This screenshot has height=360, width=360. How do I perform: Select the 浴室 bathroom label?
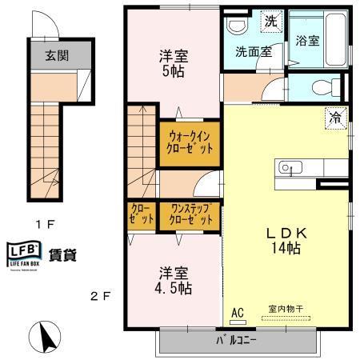point(308,41)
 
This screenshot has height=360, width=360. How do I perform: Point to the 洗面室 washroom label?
point(253,53)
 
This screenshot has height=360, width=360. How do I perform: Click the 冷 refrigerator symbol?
point(334,117)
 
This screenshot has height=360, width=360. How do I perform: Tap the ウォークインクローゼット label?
point(190,143)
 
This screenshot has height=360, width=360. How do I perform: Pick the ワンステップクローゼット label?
point(190,215)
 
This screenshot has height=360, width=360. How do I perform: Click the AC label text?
point(237,313)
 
